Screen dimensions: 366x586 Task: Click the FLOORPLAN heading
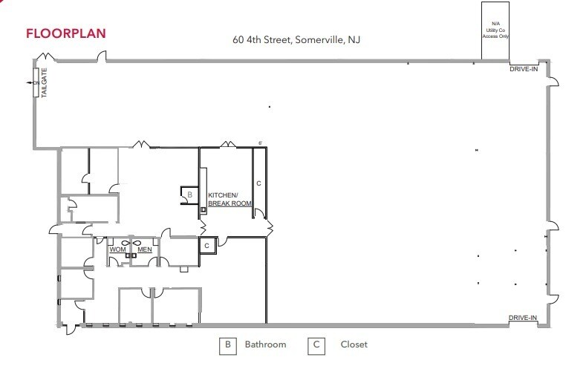(65, 33)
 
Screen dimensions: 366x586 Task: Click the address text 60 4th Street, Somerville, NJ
(296, 39)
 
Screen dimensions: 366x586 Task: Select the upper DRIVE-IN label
(523, 68)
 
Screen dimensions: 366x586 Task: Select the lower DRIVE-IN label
(523, 318)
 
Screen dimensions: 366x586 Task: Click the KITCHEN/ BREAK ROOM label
(230, 199)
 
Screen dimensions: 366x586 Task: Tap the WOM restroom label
(118, 249)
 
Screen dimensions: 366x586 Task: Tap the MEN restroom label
(145, 249)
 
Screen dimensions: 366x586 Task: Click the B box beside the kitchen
(189, 195)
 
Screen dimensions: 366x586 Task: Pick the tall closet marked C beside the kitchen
(258, 182)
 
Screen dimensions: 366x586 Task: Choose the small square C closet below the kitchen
(206, 245)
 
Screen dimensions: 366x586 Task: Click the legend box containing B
(228, 344)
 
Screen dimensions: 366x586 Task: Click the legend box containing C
(316, 344)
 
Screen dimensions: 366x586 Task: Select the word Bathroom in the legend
(265, 344)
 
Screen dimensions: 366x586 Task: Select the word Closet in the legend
(354, 344)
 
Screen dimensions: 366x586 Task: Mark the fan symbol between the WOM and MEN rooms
(131, 242)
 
